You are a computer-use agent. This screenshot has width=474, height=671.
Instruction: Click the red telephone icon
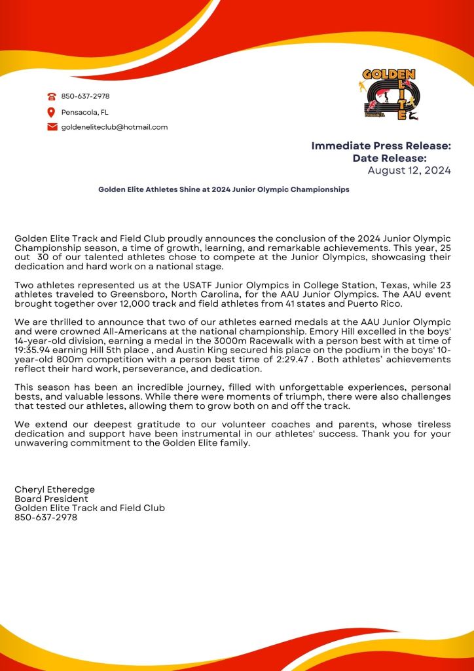[52, 96]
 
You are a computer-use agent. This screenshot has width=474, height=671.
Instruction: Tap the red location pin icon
[52, 112]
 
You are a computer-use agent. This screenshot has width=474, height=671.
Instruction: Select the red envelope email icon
[52, 127]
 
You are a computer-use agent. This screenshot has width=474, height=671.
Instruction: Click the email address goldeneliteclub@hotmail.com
[115, 127]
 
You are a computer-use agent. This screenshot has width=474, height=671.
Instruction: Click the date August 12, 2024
[409, 171]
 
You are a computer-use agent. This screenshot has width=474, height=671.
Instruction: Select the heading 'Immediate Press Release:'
[381, 145]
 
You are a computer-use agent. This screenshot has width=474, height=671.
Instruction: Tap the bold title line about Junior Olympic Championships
[224, 189]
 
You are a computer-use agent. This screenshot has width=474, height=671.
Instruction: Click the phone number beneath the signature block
[46, 517]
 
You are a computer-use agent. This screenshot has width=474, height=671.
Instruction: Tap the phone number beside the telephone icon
[85, 96]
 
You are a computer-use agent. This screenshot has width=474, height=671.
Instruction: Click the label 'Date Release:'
[390, 158]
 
